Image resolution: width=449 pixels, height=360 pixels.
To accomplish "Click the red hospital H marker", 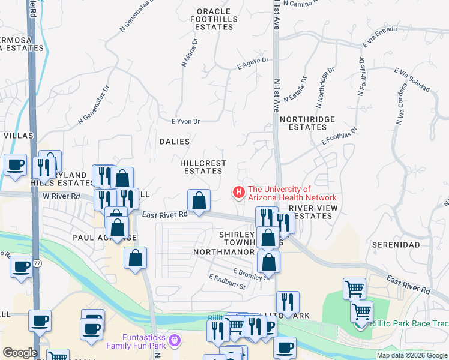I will pos(239,193).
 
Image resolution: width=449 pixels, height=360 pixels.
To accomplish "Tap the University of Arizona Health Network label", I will pos(292,193).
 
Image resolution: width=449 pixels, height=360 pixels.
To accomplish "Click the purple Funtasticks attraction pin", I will pos(175,340).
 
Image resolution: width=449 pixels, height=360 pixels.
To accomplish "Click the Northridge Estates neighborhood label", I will pos(312,123).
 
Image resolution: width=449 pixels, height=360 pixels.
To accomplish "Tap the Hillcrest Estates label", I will pos(203,167).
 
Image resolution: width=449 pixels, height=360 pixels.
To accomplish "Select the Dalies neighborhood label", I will pos(175,142).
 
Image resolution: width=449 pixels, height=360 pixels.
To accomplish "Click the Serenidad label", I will pos(396,245).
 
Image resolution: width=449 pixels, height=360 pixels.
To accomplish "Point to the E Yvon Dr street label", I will pos(185,121).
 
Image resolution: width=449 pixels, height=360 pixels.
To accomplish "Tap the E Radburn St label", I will pos(228,282).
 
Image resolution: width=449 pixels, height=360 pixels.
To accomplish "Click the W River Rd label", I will pos(61,196).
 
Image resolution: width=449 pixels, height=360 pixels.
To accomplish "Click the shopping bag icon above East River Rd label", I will pos(199,200).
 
